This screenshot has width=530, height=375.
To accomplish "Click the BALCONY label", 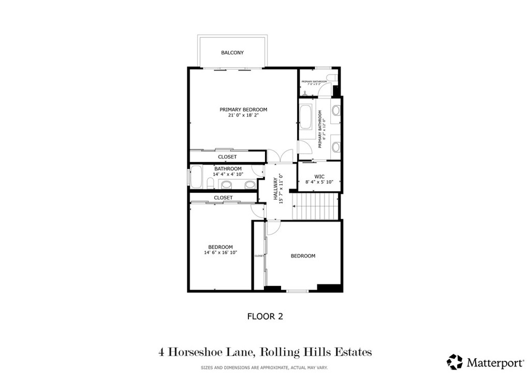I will [x=232, y=53].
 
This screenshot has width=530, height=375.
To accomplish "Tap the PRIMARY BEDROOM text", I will [x=243, y=109].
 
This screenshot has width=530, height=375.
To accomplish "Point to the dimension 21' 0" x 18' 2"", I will [x=243, y=116].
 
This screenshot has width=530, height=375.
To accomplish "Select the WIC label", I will [x=319, y=176].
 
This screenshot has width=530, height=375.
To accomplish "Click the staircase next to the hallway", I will [x=315, y=207].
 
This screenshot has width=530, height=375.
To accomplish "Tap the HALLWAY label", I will [x=276, y=189].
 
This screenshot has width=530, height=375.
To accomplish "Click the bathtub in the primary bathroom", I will [x=305, y=119].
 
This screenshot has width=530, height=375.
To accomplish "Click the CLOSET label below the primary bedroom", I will [x=227, y=157].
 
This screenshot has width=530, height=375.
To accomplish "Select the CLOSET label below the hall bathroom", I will [x=223, y=198].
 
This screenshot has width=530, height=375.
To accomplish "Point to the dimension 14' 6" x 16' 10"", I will [x=220, y=253].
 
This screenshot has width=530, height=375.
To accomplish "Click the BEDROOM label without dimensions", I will [x=303, y=256].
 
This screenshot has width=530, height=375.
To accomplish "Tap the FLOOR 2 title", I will [x=264, y=316].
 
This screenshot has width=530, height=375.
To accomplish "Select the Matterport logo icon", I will [x=455, y=361].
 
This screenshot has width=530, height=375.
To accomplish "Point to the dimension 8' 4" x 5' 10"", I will [x=319, y=182].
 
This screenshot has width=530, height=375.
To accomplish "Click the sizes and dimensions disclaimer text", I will [x=264, y=368].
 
